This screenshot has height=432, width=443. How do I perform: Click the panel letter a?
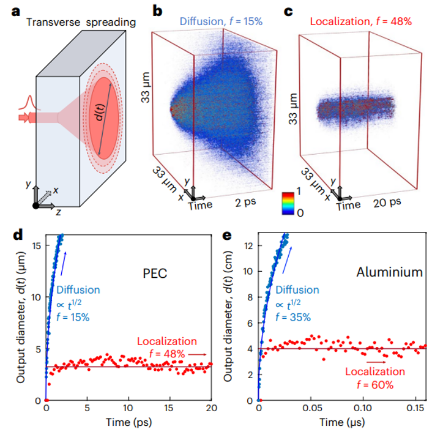[x=8, y=10]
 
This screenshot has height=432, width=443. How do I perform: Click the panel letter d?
[x=8, y=234]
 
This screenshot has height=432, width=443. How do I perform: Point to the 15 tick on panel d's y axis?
[x=36, y=245]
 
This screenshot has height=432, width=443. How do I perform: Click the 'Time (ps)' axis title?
[x=129, y=423]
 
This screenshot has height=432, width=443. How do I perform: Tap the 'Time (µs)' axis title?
[x=341, y=423]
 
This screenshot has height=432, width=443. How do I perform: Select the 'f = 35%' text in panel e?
[x=293, y=317]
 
